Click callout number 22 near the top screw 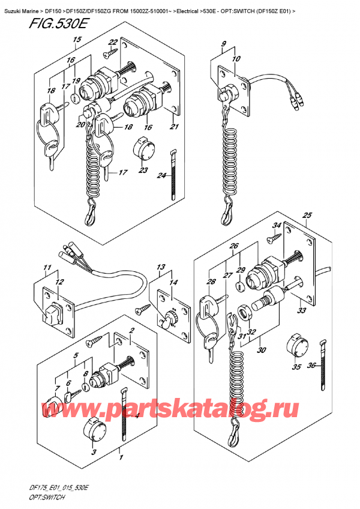click(x=112, y=42)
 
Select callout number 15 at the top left click(x=76, y=40)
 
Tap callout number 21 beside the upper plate click(x=175, y=127)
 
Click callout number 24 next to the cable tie click(x=161, y=176)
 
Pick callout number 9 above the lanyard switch click(x=223, y=44)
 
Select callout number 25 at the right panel click(x=307, y=215)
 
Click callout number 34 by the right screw click(x=277, y=226)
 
